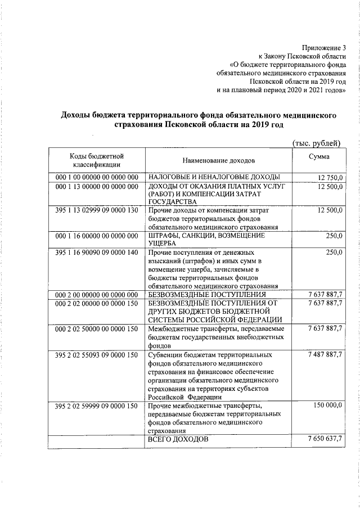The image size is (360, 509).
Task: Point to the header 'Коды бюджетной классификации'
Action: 97,160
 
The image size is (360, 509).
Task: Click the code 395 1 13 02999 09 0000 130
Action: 97,210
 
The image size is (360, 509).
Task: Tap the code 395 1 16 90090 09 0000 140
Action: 97,253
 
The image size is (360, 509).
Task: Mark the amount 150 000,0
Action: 327,406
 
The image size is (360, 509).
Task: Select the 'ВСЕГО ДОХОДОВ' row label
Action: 178,439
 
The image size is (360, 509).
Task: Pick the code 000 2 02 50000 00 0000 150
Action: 97,328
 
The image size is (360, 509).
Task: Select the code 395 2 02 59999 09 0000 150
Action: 97,406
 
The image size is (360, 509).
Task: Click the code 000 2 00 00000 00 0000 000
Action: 97,295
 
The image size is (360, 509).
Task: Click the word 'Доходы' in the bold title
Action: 78,115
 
